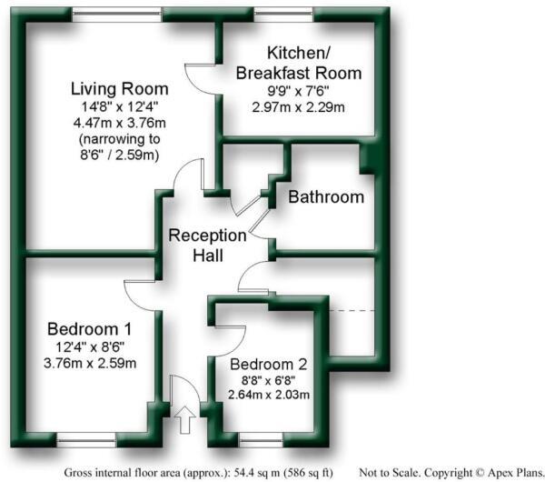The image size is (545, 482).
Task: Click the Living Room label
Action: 120,89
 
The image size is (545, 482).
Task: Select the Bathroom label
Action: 326,196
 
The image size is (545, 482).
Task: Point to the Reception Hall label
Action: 207,246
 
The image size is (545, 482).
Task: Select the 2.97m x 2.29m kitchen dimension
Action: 298,106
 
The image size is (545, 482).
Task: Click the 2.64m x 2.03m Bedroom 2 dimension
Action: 268,395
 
